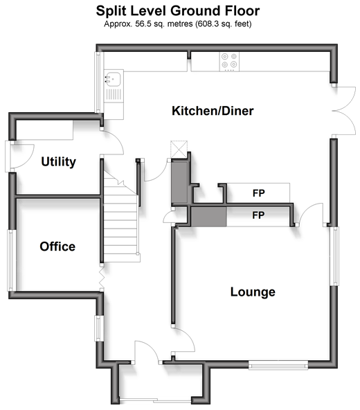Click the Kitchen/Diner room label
click(213, 111)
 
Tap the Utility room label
click(59, 162)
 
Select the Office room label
click(57, 247)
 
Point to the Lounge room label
click(253, 292)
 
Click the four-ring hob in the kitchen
click(229, 62)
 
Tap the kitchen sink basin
click(113, 78)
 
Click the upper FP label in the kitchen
click(258, 193)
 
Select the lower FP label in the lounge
click(258, 215)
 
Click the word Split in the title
click(111, 11)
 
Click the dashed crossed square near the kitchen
click(179, 150)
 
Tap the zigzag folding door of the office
click(102, 278)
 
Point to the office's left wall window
click(10, 260)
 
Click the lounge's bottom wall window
click(278, 365)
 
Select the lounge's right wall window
click(336, 256)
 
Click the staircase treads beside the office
click(120, 216)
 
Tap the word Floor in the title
click(242, 11)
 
